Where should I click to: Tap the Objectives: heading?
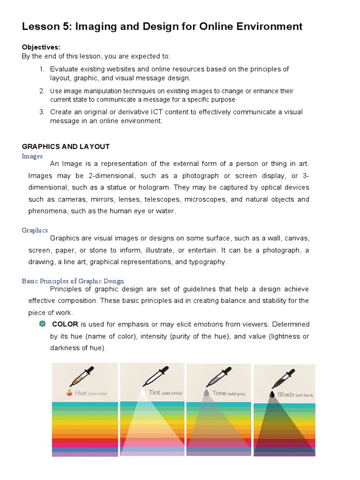click(41, 47)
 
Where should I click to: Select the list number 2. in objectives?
click(42, 91)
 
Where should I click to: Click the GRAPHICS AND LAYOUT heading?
click(66, 147)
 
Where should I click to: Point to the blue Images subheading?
click(32, 156)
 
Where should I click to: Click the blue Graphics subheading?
click(35, 230)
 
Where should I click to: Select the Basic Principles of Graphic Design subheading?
click(73, 281)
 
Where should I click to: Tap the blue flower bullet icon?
click(42, 323)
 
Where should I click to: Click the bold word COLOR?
click(65, 324)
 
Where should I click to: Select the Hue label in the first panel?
click(80, 393)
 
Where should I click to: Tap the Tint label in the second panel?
click(154, 393)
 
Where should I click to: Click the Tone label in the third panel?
click(219, 393)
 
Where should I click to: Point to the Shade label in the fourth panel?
click(285, 395)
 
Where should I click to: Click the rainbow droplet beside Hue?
click(70, 393)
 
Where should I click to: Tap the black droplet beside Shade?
click(272, 395)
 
